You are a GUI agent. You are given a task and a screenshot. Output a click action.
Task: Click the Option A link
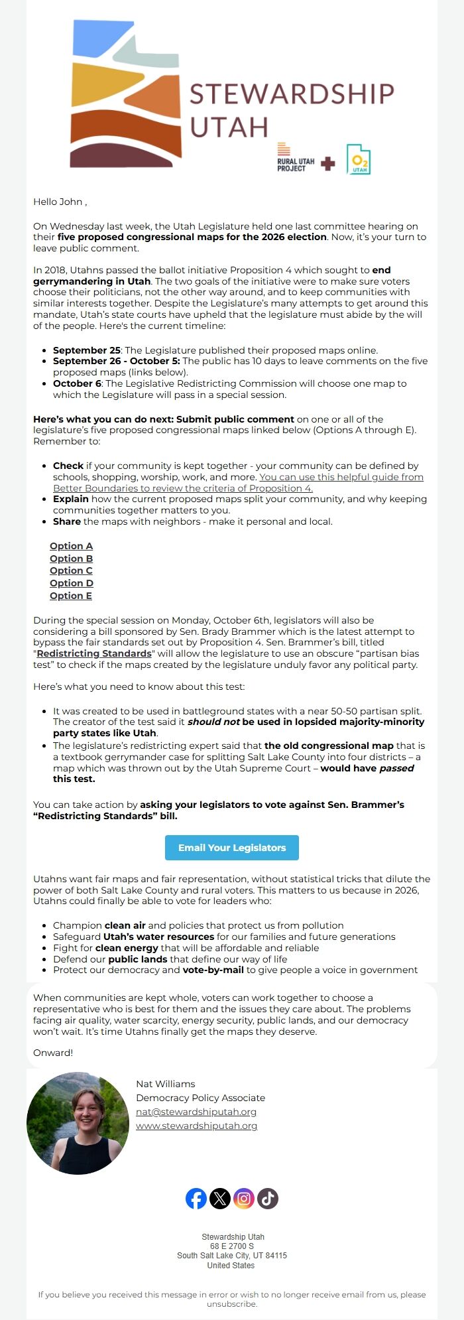tap(71, 546)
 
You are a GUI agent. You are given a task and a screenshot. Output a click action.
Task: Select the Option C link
tap(71, 570)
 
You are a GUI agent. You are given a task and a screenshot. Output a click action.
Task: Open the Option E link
tap(71, 596)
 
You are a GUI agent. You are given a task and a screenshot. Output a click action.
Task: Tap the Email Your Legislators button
tap(232, 848)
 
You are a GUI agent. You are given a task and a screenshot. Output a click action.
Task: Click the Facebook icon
tap(196, 1199)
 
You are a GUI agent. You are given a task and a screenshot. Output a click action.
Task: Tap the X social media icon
tap(220, 1199)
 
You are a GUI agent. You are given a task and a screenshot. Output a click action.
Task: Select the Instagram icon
tap(244, 1199)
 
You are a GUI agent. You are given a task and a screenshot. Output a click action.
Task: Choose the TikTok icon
tap(268, 1199)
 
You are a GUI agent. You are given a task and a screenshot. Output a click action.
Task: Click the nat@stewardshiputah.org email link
tap(196, 1112)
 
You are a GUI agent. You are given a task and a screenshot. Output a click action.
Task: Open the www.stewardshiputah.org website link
tap(196, 1126)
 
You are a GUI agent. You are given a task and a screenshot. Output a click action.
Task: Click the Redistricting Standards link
tap(94, 653)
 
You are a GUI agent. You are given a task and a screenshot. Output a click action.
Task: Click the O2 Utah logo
tap(359, 160)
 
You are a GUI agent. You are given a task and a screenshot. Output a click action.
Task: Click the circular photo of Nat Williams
tap(78, 1123)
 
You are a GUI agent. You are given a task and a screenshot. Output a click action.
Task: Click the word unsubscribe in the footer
tap(231, 1304)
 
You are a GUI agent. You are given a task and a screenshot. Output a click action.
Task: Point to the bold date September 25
tap(87, 350)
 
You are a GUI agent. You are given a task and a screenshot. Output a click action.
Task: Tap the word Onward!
tap(53, 1053)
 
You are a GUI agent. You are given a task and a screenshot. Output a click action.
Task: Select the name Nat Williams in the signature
tap(166, 1084)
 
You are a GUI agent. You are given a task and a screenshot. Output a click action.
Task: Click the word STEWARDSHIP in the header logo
tap(292, 94)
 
